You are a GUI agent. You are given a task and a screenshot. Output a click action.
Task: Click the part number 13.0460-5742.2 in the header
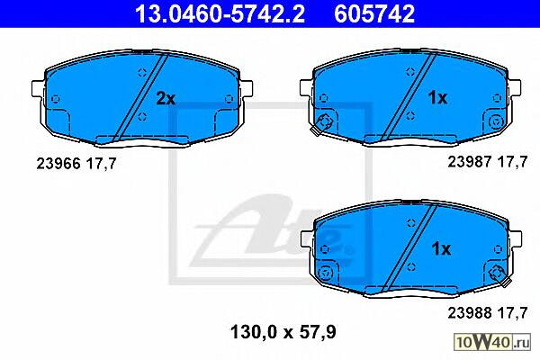[x=220, y=13]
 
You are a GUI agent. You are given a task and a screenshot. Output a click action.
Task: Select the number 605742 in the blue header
[x=374, y=13]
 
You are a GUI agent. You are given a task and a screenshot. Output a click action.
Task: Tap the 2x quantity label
[x=166, y=98]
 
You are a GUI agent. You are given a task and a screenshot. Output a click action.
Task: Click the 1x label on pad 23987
[x=437, y=98]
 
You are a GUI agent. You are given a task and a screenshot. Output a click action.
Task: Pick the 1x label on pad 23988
[x=441, y=248]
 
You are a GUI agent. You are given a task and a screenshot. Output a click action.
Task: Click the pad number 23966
[x=58, y=163]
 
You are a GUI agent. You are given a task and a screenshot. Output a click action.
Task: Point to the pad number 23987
[x=470, y=161]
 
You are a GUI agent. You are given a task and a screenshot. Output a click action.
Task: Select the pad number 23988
[x=470, y=313]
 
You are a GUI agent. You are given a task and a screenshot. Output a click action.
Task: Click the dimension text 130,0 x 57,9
[x=283, y=332]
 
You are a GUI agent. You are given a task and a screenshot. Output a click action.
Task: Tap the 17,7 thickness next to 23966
[x=101, y=164]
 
